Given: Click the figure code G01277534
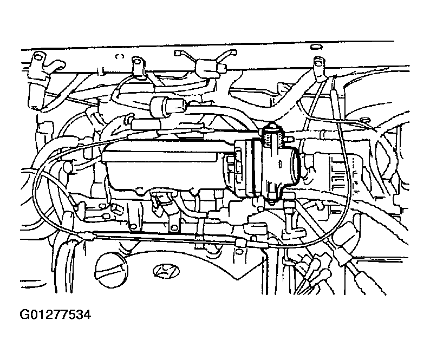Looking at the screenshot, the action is coord(55,315).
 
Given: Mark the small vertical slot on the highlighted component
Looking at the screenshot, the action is coord(280,165).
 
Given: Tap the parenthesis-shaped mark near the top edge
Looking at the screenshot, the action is coord(120,56).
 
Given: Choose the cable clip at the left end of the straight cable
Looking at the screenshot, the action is coord(88,235).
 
